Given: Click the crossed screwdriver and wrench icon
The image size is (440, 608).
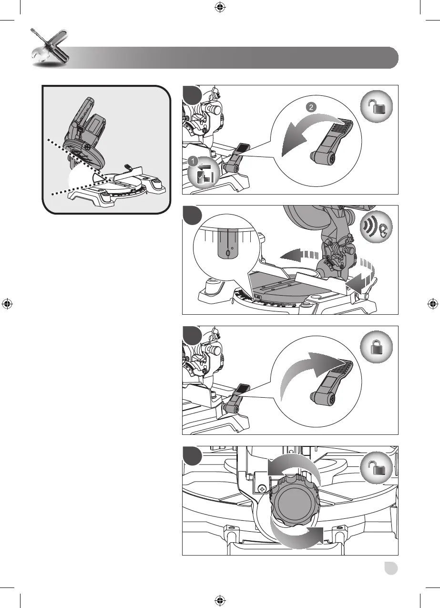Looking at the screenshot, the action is pos(50,48).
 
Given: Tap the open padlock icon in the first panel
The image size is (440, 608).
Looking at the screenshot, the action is pos(376,106).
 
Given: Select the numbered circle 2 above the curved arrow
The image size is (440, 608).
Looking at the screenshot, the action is pos(311,107).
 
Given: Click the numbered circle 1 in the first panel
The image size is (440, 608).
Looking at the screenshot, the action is pos(193,161).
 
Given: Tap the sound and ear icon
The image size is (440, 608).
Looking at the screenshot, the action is pos(376,227).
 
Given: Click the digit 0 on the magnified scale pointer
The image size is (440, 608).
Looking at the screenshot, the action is pos(228,254).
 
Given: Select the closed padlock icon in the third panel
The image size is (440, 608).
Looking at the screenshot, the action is pos(376,347).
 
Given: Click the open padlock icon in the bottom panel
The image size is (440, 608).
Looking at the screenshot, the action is pos(376,468).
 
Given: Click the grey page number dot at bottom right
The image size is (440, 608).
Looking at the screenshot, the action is pos(391,568).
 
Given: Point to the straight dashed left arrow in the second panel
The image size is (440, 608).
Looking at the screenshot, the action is pos(299,255).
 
